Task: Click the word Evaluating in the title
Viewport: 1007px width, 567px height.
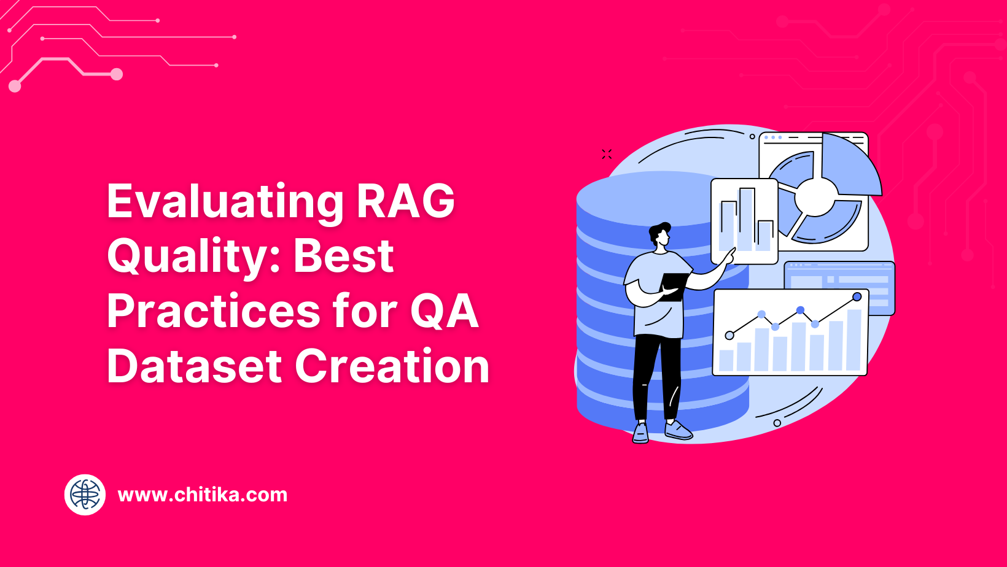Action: pyautogui.click(x=225, y=201)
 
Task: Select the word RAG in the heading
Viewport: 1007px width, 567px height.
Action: pyautogui.click(x=406, y=201)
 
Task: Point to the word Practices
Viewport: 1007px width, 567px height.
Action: pyautogui.click(x=214, y=311)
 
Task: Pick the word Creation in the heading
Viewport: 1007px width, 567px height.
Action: pyautogui.click(x=392, y=366)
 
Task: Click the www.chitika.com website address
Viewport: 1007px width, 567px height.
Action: pyautogui.click(x=203, y=495)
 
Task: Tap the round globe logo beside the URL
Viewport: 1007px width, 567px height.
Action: pyautogui.click(x=85, y=495)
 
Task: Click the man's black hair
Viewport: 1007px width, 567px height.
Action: pyautogui.click(x=658, y=232)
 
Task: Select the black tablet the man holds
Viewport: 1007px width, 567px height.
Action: pyautogui.click(x=674, y=285)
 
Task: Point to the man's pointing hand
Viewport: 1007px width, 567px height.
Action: pyautogui.click(x=729, y=255)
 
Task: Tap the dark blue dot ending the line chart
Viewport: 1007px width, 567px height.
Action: pyautogui.click(x=857, y=297)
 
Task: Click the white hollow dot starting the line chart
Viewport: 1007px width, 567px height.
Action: pyautogui.click(x=729, y=335)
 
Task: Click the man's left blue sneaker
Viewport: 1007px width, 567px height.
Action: pyautogui.click(x=640, y=433)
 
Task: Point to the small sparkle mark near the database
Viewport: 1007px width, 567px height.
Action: pyautogui.click(x=607, y=154)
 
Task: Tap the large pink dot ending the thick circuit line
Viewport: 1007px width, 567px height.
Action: pyautogui.click(x=117, y=74)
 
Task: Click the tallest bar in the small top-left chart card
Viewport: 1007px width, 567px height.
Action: pyautogui.click(x=747, y=219)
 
